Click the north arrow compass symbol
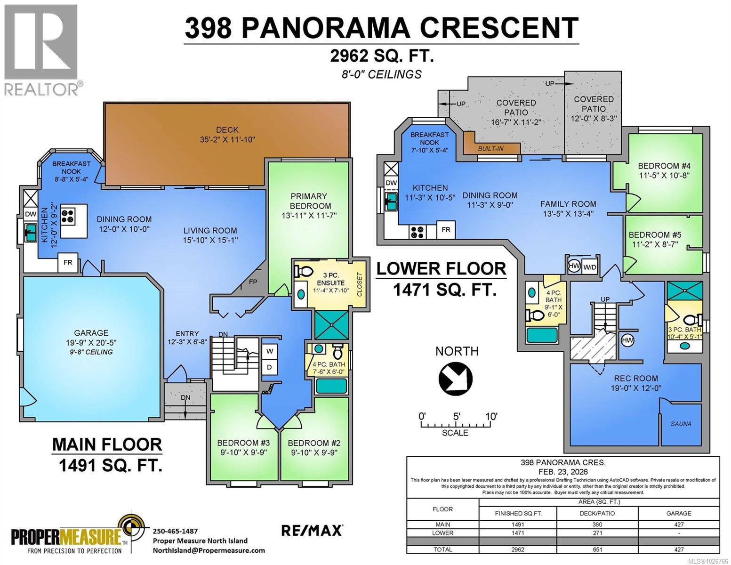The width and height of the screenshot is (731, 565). (455, 378)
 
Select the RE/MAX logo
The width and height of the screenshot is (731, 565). (312, 530)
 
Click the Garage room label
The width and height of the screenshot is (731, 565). (91, 333)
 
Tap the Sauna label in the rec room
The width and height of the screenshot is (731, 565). (681, 424)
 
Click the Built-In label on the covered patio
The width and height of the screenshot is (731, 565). (490, 149)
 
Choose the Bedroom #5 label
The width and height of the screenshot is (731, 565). (655, 234)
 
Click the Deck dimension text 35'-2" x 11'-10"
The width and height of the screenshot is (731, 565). (227, 139)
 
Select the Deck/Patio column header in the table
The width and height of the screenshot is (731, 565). (597, 513)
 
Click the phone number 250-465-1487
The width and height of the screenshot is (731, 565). (175, 531)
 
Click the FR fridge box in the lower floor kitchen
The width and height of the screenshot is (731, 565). (445, 230)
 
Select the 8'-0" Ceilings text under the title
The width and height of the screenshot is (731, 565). (381, 74)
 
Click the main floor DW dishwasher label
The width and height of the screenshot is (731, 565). (30, 214)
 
